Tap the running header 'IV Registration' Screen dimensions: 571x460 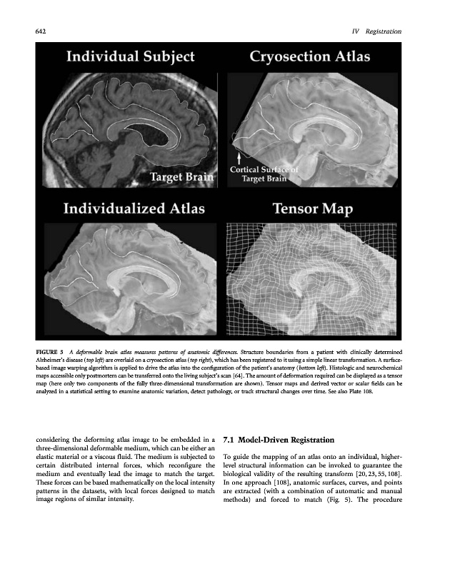pos(376,31)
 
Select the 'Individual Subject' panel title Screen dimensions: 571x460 pos(130,58)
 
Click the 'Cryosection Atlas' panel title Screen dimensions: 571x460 pos(309,58)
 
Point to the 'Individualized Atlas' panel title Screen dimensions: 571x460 pos(134,209)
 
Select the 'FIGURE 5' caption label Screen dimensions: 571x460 pos(51,352)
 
